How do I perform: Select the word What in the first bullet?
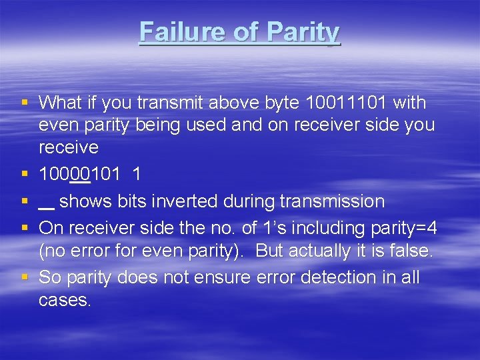60,103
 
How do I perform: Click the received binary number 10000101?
79,175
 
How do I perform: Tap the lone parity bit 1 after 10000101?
137,175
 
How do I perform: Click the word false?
410,251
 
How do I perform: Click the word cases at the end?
64,300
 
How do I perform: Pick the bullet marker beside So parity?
25,277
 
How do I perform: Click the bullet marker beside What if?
25,103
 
